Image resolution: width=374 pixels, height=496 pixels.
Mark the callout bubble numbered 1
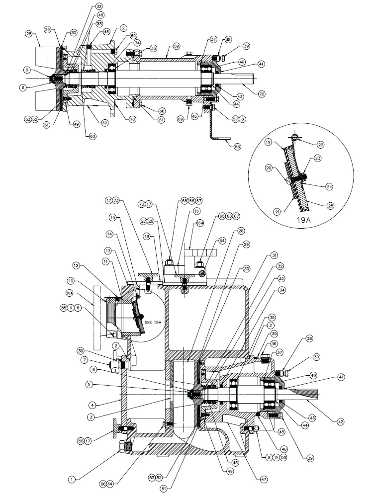(x=72, y=480)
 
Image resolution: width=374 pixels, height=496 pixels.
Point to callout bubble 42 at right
(x=340, y=422)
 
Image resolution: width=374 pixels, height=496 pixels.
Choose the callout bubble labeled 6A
(x=200, y=224)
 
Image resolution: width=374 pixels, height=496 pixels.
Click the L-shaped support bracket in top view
(x=213, y=127)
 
